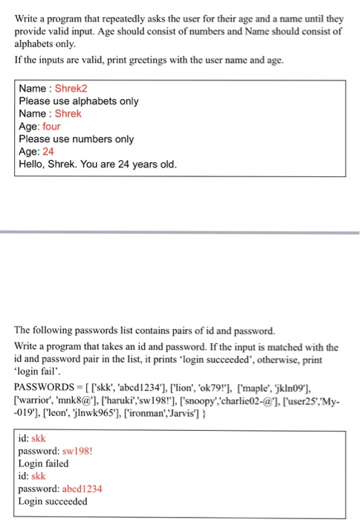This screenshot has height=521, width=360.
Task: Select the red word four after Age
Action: tap(51, 127)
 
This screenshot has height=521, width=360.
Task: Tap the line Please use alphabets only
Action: tap(78, 101)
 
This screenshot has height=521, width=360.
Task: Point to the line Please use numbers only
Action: tap(76, 138)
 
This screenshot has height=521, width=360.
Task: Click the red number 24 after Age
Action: tap(48, 151)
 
